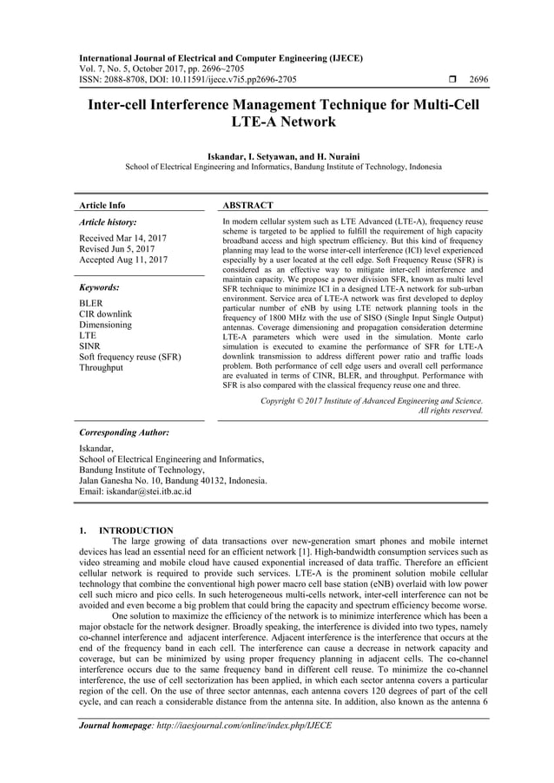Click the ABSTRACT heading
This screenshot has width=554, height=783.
point(248,206)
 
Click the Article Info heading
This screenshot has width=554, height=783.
point(102,206)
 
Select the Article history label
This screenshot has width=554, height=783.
point(108,223)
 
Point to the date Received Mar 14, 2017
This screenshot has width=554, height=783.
point(123,238)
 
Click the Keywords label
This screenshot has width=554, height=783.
point(99,286)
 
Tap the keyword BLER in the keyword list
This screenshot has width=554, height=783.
point(91,304)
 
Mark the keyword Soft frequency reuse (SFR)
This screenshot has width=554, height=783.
point(130,357)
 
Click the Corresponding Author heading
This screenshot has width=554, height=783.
point(123,431)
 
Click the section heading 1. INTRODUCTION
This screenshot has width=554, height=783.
point(126,530)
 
